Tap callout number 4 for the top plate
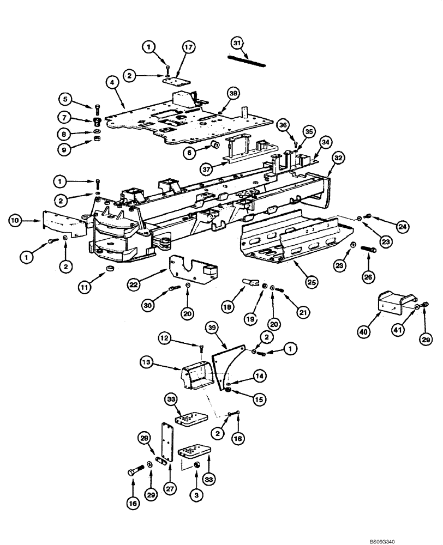[112, 83]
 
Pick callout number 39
[212, 326]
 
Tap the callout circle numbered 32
[339, 158]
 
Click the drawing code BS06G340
[391, 541]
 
